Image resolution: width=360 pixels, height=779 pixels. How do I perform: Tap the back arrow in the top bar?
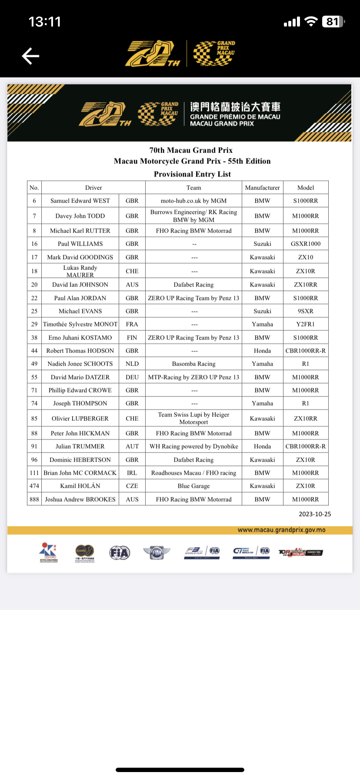pyautogui.click(x=30, y=56)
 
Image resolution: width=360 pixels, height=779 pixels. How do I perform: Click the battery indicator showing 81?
pyautogui.click(x=333, y=22)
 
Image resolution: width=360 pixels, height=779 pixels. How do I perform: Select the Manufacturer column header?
pyautogui.click(x=262, y=188)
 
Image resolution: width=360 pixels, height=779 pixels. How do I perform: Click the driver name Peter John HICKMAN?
pyautogui.click(x=80, y=433)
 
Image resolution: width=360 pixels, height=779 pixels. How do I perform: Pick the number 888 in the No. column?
pyautogui.click(x=34, y=499)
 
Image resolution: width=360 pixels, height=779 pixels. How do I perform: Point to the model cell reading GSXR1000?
pyautogui.click(x=306, y=244)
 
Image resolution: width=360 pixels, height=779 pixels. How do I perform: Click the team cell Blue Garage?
pyautogui.click(x=193, y=486)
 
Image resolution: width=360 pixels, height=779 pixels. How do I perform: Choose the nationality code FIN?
pyautogui.click(x=132, y=338)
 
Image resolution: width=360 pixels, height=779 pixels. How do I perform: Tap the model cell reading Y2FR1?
pyautogui.click(x=306, y=324)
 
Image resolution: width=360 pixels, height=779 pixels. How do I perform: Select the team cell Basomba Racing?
pyautogui.click(x=193, y=364)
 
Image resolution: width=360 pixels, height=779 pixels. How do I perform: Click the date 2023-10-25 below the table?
pyautogui.click(x=315, y=514)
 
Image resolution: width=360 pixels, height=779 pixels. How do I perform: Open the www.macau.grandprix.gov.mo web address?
pyautogui.click(x=281, y=530)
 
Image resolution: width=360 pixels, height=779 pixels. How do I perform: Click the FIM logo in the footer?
pyautogui.click(x=157, y=553)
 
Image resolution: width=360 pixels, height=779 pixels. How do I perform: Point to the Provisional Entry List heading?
pyautogui.click(x=192, y=174)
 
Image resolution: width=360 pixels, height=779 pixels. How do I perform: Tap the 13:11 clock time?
pyautogui.click(x=45, y=22)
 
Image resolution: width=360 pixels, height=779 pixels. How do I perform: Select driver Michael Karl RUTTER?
pyautogui.click(x=80, y=231)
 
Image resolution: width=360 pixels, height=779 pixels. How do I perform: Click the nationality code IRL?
pyautogui.click(x=132, y=473)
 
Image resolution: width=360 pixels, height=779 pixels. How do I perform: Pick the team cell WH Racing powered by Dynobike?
pyautogui.click(x=193, y=446)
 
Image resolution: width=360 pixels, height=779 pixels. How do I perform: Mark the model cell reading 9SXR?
pyautogui.click(x=306, y=311)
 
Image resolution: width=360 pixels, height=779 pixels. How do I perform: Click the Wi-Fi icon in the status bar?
pyautogui.click(x=311, y=22)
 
